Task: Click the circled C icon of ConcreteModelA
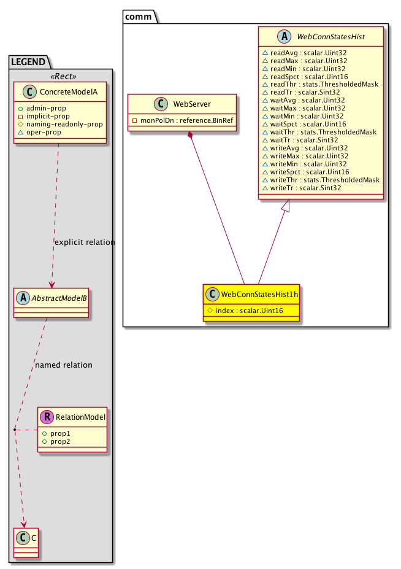coord(25,92)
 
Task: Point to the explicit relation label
coord(85,242)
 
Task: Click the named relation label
coord(64,365)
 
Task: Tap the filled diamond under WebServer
coord(192,135)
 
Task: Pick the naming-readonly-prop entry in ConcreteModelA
coord(63,124)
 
